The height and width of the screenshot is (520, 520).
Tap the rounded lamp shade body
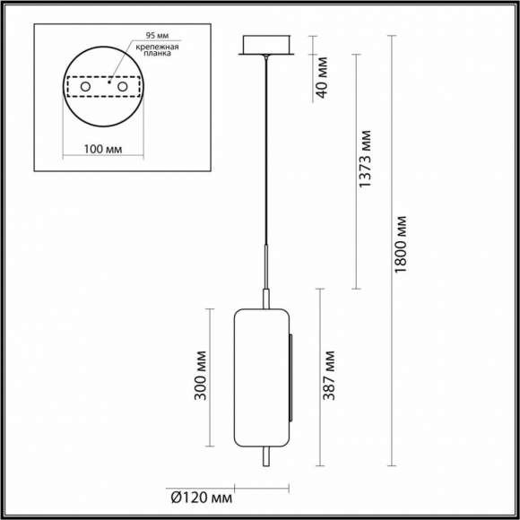pos(261,377)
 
